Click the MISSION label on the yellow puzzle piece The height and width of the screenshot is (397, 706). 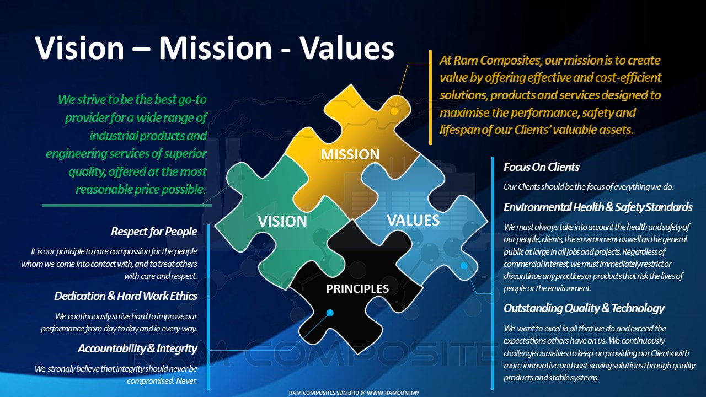pyautogui.click(x=350, y=154)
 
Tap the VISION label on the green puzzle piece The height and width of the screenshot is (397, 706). pyautogui.click(x=282, y=221)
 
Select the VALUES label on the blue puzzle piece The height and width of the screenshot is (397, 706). pyautogui.click(x=413, y=220)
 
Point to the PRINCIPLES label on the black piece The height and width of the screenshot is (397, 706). pyautogui.click(x=357, y=288)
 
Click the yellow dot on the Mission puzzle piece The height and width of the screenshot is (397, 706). pyautogui.click(x=394, y=111)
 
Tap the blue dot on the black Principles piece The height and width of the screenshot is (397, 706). pyautogui.click(x=330, y=313)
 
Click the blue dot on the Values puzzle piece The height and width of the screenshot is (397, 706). pyautogui.click(x=464, y=266)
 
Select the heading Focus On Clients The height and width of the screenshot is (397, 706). pyautogui.click(x=541, y=167)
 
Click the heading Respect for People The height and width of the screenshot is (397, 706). pyautogui.click(x=154, y=232)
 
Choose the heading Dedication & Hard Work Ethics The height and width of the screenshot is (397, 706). pyautogui.click(x=126, y=296)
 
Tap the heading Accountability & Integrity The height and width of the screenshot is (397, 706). pyautogui.click(x=137, y=348)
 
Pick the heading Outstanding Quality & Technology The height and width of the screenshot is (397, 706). pyautogui.click(x=584, y=308)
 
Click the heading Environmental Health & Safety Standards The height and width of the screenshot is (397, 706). pyautogui.click(x=598, y=207)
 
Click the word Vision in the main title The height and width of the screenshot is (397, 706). pyautogui.click(x=79, y=48)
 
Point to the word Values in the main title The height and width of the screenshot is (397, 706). pyautogui.click(x=347, y=48)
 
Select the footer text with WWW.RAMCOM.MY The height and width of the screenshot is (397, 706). pyautogui.click(x=354, y=393)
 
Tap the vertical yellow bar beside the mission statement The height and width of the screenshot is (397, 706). pyautogui.click(x=431, y=98)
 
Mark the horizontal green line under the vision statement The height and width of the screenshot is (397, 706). pyautogui.click(x=127, y=206)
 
